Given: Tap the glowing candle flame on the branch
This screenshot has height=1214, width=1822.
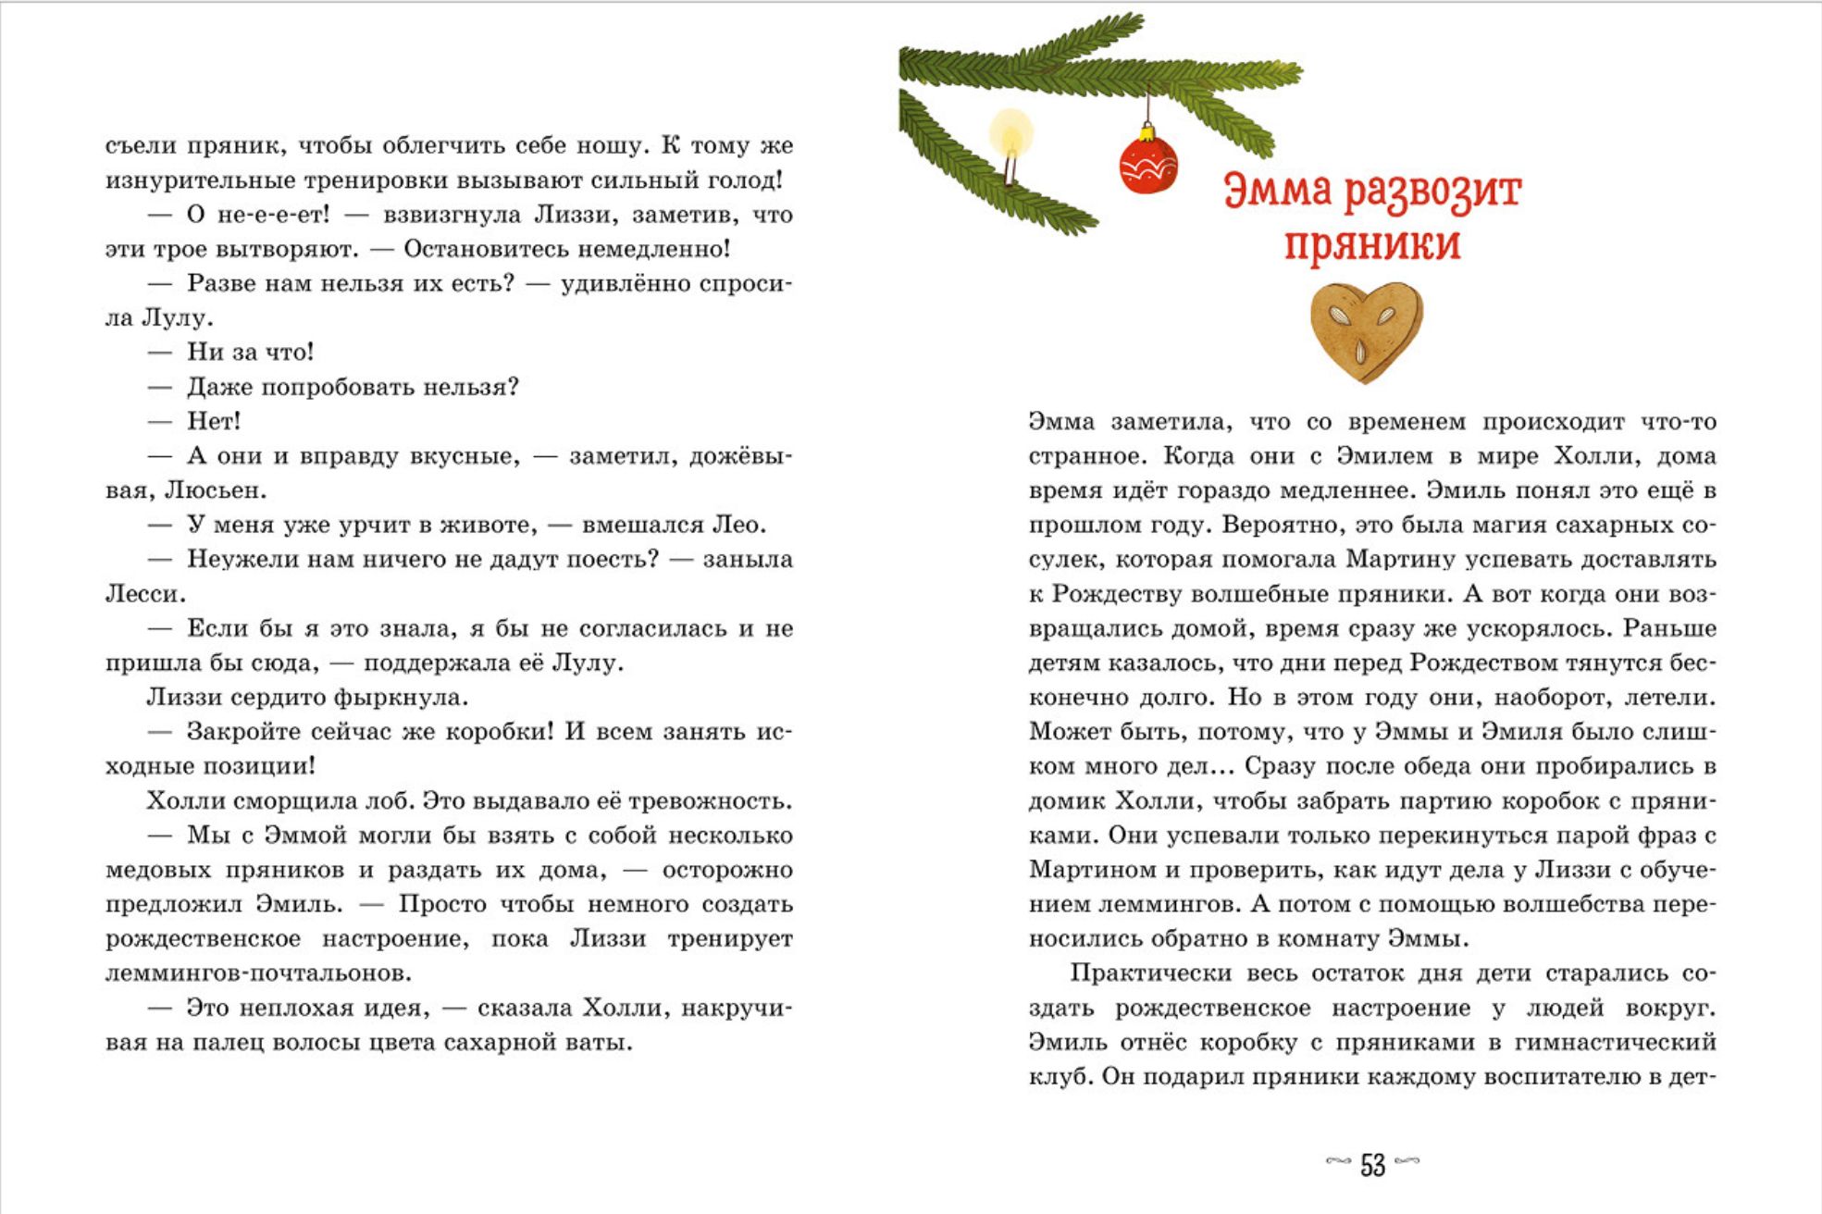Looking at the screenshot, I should pyautogui.click(x=1010, y=132).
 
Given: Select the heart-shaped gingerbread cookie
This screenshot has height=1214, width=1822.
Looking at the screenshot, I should pyautogui.click(x=1366, y=331).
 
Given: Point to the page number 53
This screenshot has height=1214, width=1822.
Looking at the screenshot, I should pyautogui.click(x=1372, y=1165).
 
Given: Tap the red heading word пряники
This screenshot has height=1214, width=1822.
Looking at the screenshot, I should pyautogui.click(x=1371, y=243).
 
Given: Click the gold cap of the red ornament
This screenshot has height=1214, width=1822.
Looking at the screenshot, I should pyautogui.click(x=1148, y=134).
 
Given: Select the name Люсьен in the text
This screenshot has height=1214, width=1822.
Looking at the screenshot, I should pyautogui.click(x=214, y=490).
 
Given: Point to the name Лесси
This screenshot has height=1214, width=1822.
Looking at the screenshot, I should pyautogui.click(x=143, y=594).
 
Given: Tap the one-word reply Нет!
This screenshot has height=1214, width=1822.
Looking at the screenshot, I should pyautogui.click(x=214, y=421).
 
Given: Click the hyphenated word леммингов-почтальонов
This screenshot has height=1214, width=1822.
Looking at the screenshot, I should pyautogui.click(x=258, y=973).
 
